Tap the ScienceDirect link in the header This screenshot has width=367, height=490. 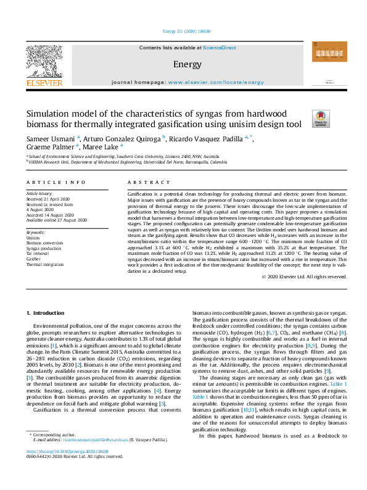click(220, 48)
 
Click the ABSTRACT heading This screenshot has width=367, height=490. click(146, 183)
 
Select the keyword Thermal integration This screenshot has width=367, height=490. click(45, 264)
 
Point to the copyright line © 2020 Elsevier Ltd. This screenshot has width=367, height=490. click(303, 276)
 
